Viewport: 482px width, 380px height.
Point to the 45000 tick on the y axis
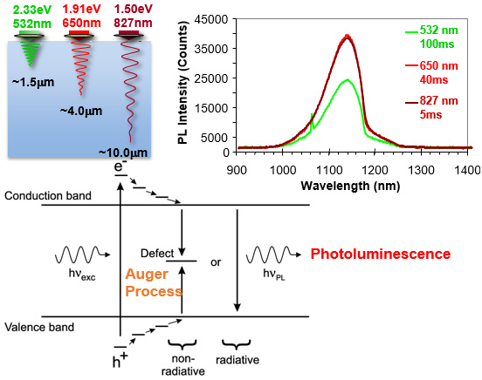pos(216,19)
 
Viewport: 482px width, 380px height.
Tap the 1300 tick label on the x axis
pos(421,170)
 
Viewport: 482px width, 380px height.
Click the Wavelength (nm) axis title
pos(350,186)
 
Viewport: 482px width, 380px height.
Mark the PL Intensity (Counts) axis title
pos(182,83)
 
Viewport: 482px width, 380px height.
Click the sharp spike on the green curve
pos(312,114)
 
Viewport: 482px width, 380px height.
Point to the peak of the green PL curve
pos(348,79)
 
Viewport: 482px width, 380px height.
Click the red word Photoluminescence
pos(380,254)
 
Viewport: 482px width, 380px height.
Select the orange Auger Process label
pos(153,282)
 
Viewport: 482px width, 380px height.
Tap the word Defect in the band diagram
pos(157,254)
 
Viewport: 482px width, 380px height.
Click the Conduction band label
pos(48,196)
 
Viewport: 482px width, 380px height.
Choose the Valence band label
pos(39,327)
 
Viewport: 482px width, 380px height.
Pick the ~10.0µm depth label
pos(123,153)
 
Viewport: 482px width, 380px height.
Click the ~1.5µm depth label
pos(33,82)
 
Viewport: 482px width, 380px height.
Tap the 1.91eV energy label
pos(81,9)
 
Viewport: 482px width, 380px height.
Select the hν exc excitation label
pos(82,274)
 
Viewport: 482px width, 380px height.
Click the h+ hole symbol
pos(120,360)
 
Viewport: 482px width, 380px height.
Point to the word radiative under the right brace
pos(238,359)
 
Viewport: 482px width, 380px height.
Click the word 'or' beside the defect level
pos(216,262)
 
